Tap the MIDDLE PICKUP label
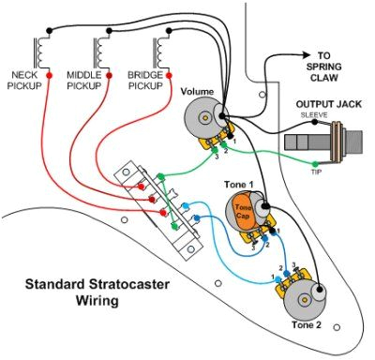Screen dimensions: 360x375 pyautogui.click(x=91, y=80)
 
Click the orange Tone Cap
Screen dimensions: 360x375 pyautogui.click(x=242, y=209)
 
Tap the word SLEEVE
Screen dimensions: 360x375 pyautogui.click(x=313, y=115)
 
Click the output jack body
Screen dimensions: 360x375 pyautogui.click(x=323, y=142)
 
